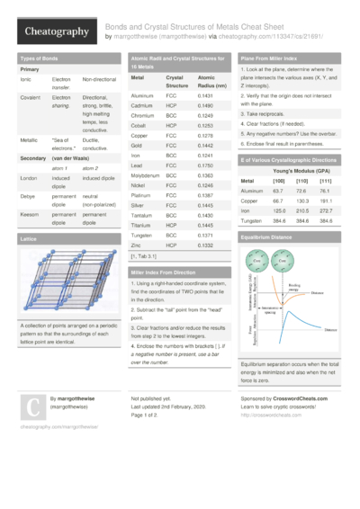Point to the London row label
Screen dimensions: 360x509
29,178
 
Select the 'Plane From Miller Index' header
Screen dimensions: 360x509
271,58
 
